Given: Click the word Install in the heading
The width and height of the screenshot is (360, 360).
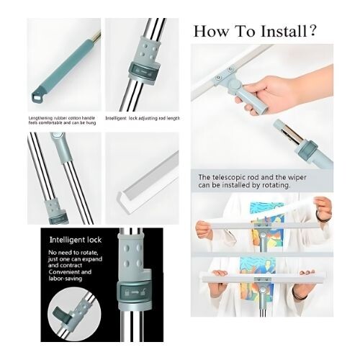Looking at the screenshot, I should (279, 32).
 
